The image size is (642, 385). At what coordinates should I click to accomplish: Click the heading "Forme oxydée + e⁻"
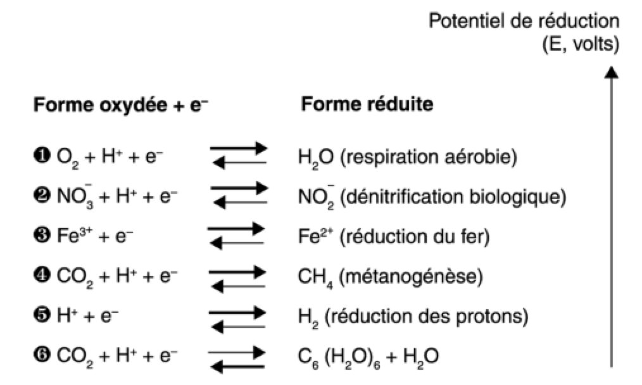[120, 104]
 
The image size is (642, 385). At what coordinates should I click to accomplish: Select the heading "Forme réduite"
[367, 104]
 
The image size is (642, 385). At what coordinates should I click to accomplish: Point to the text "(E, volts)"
[581, 46]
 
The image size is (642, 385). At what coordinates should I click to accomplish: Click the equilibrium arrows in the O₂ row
[239, 156]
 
